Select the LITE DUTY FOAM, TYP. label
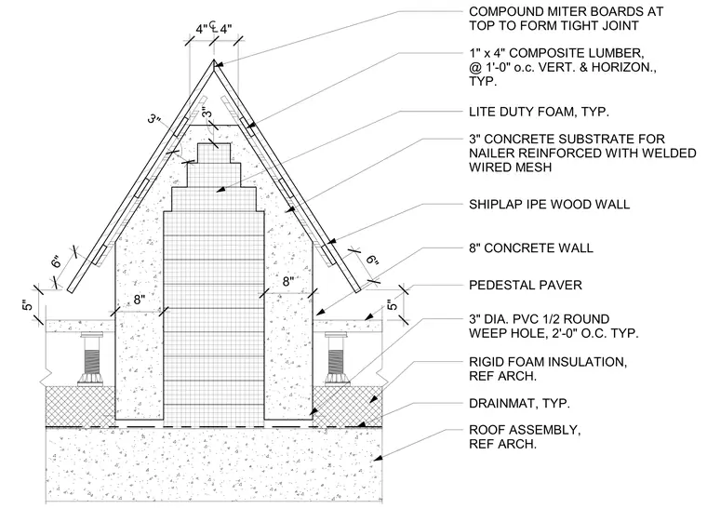pos(539,112)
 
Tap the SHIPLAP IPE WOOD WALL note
pos(549,205)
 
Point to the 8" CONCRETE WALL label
pos(530,248)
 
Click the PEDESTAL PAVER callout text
pos(526,285)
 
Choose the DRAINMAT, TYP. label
pos(519,403)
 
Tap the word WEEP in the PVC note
pos(487,333)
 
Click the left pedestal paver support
pos(90,359)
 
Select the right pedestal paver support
pos(337,359)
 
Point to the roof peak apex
pos(213,60)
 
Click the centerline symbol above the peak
pos(213,28)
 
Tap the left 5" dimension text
pos(28,305)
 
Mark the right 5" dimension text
pos(393,305)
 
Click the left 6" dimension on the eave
pos(56,261)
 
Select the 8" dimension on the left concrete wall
pos(140,300)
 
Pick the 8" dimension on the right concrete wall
pos(288,282)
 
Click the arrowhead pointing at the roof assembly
pos(379,458)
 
